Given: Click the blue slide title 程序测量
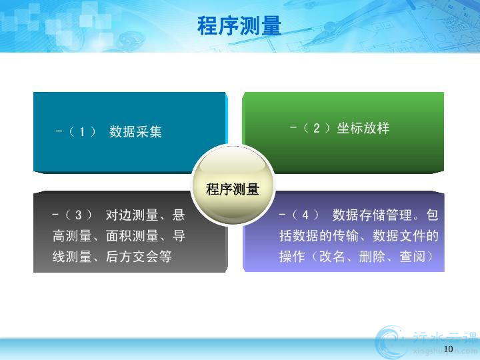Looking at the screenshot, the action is click(x=239, y=26).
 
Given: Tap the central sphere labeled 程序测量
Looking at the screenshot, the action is click(x=233, y=185).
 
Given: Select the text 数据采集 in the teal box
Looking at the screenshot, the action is click(x=135, y=132).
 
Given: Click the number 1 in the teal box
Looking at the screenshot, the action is click(x=82, y=132).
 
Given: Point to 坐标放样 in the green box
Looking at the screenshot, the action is click(x=363, y=128).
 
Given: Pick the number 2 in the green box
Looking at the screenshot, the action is click(x=317, y=128).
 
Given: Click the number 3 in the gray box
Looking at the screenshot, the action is click(x=79, y=215).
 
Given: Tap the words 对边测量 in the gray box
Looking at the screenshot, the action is click(x=132, y=215).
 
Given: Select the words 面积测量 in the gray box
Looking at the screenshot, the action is click(x=132, y=236).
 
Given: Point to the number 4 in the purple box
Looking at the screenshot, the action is click(x=305, y=215).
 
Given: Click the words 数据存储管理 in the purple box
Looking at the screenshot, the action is click(x=372, y=215).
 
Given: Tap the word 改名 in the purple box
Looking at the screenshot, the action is click(x=332, y=257).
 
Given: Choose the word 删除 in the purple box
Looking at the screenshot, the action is click(x=372, y=257).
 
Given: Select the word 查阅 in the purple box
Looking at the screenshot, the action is click(x=412, y=257).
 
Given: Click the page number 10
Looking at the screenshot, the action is click(x=448, y=349).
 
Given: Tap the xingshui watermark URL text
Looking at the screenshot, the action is click(x=445, y=351).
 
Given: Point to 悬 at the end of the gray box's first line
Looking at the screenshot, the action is click(x=179, y=215).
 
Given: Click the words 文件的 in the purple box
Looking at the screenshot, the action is click(x=419, y=236).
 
